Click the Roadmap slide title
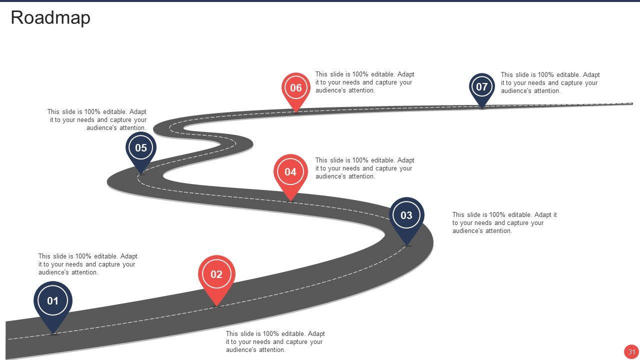coord(50,17)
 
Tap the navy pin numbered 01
coord(53,301)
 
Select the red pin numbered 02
coord(216,274)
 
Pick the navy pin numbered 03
coord(406,215)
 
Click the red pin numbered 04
coord(290,172)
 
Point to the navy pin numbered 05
coord(141,148)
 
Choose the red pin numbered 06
coord(296,88)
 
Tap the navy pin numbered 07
coord(481,87)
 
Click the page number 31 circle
coord(631,351)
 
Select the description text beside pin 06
coord(364,82)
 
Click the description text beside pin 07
coord(550,83)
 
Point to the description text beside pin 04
coord(364,168)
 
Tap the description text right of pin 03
coord(504,223)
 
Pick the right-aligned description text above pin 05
coord(97,120)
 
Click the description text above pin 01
coord(87,264)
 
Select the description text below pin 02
coord(275,342)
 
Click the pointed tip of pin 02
coord(216,305)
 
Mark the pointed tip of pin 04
coord(290,201)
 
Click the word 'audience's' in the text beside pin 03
coord(468,231)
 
